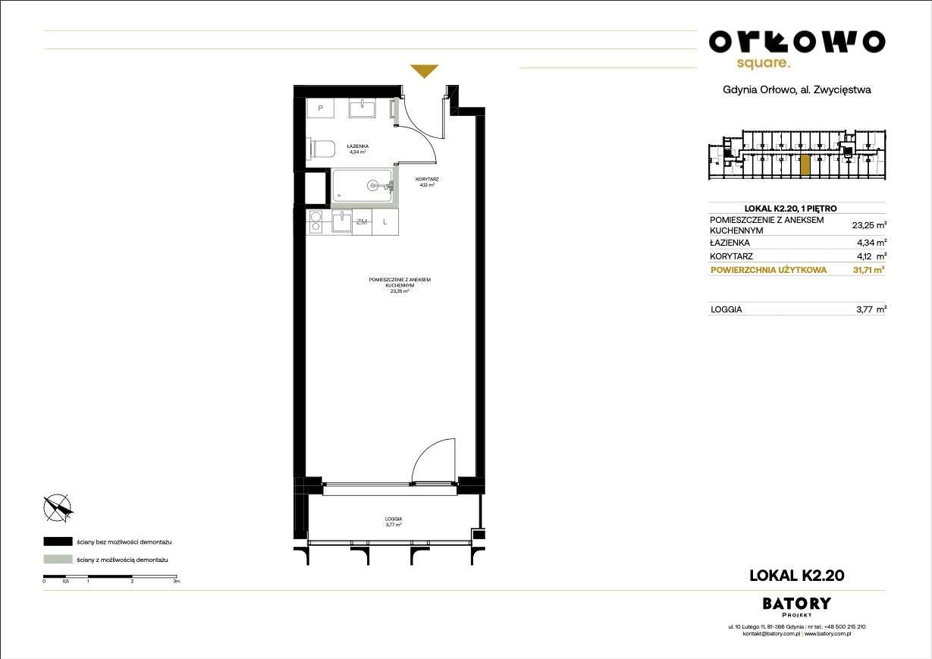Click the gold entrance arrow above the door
[x=424, y=71]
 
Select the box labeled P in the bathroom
[x=321, y=108]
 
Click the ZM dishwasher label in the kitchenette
[x=362, y=221]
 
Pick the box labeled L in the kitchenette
[x=385, y=221]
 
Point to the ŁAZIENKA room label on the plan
[x=357, y=145]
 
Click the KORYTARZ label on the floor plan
[x=428, y=180]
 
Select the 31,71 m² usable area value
[x=867, y=270]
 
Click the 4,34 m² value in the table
[x=869, y=243]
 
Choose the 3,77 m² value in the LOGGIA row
[x=869, y=309]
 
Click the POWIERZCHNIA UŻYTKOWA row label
[x=768, y=270]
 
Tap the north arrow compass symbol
[x=58, y=508]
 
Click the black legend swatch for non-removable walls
[x=58, y=542]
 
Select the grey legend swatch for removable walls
[x=58, y=560]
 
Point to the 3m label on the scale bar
[x=175, y=581]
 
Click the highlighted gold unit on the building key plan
[x=805, y=165]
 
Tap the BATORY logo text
[x=795, y=604]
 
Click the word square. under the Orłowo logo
[x=764, y=64]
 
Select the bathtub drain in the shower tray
[x=372, y=184]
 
